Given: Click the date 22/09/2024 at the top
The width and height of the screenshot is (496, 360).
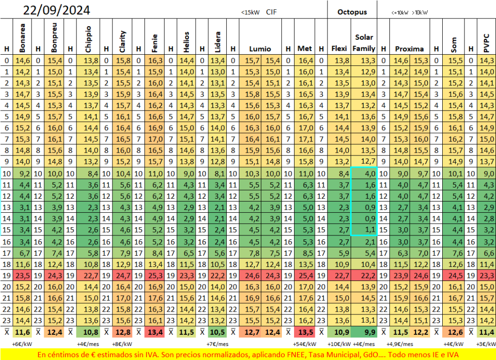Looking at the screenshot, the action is point(56,10).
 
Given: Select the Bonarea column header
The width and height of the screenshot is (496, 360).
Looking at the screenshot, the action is point(22,38).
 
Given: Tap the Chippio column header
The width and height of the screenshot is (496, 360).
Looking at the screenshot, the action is point(88,39).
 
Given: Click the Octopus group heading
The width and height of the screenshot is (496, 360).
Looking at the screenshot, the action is point(352,12).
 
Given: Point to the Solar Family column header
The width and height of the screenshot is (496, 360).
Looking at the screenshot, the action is point(364,43).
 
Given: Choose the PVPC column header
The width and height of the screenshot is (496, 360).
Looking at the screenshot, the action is point(486,43).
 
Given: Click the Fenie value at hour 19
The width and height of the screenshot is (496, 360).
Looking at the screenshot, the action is point(155,276).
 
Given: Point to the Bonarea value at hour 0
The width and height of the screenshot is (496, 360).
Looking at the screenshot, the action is point(23,61).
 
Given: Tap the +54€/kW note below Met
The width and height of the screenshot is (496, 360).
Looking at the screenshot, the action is point(305,344).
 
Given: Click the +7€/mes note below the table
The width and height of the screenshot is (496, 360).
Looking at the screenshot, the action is point(217,344).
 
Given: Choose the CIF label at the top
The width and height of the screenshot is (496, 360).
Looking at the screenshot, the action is point(271,12).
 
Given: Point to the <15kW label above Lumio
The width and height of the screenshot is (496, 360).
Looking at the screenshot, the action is point(250,12).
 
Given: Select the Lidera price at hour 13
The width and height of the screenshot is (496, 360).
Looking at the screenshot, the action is point(218,207).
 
